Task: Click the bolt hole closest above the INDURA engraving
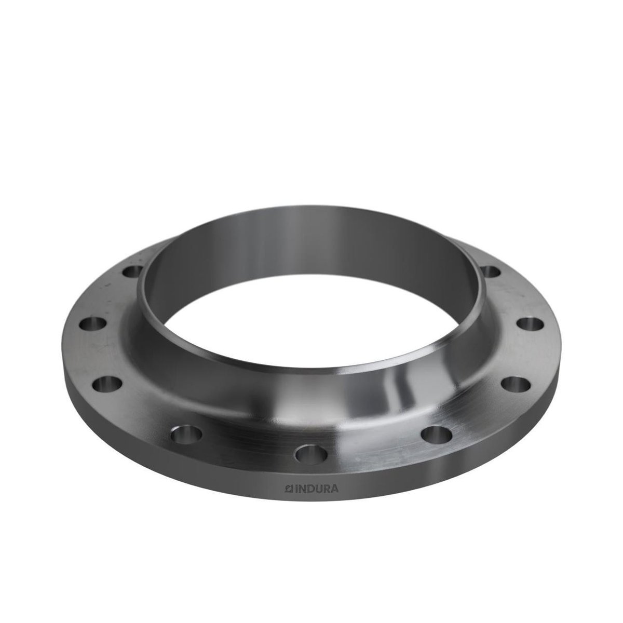311,454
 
